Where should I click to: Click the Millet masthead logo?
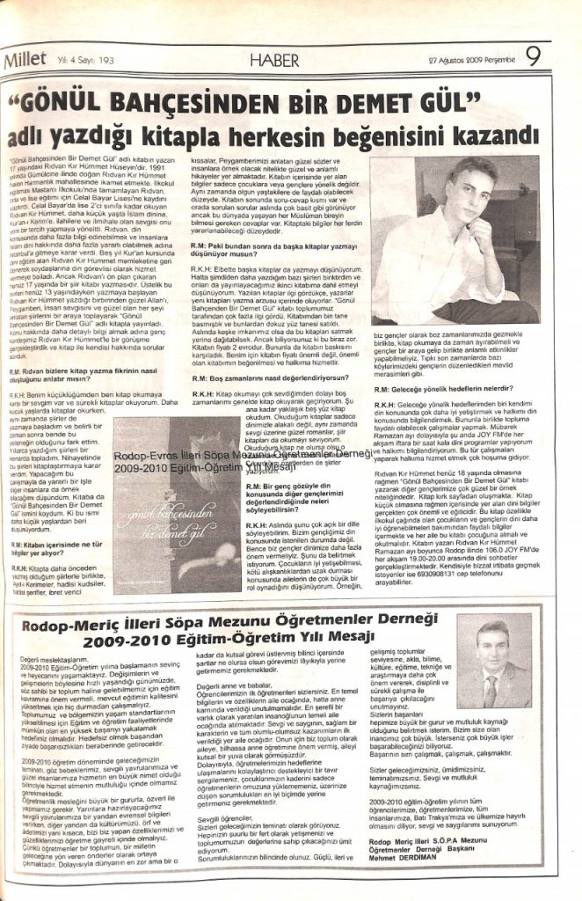pyautogui.click(x=27, y=61)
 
